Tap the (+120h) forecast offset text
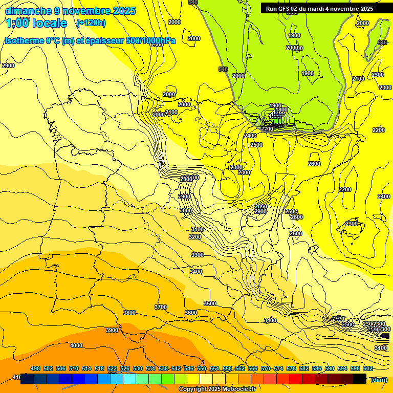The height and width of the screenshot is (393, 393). pyautogui.click(x=91, y=23)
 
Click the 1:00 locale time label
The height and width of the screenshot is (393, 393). pyautogui.click(x=36, y=23)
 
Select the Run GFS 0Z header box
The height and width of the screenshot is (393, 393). pyautogui.click(x=319, y=9)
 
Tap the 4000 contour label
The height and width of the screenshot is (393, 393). pyautogui.click(x=76, y=345)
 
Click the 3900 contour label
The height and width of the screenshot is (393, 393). pyautogui.click(x=112, y=330)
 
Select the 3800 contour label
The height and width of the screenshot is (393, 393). pyautogui.click(x=129, y=313)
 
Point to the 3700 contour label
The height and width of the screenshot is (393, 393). pyautogui.click(x=161, y=307)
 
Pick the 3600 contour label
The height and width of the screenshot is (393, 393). pyautogui.click(x=191, y=313)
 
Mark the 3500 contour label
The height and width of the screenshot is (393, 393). pyautogui.click(x=210, y=303)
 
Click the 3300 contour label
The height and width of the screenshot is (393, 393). pyautogui.click(x=197, y=255)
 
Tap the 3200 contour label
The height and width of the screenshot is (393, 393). pyautogui.click(x=195, y=237)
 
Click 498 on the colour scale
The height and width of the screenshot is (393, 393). pyautogui.click(x=35, y=368)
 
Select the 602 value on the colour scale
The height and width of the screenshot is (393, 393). pyautogui.click(x=368, y=368)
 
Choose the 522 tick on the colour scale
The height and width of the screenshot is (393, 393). pyautogui.click(x=112, y=368)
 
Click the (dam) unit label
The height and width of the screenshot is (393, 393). pyautogui.click(x=379, y=379)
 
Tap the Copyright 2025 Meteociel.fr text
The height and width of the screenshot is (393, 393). pyautogui.click(x=216, y=389)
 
